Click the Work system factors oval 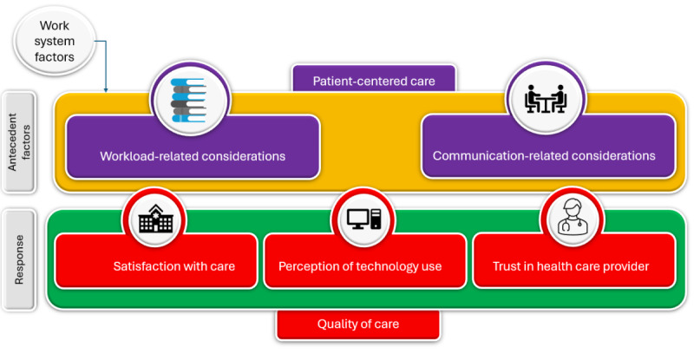55,41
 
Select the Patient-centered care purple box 374,79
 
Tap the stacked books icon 188,100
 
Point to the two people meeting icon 546,99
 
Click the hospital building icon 155,219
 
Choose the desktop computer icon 363,219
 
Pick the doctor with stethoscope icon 573,217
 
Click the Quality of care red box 358,324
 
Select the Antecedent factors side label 19,142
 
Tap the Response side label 19,259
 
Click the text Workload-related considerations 193,156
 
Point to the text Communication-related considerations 544,156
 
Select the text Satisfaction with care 174,266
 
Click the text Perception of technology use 360,266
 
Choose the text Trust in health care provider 571,266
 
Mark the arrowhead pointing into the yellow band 106,90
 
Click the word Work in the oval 55,26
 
